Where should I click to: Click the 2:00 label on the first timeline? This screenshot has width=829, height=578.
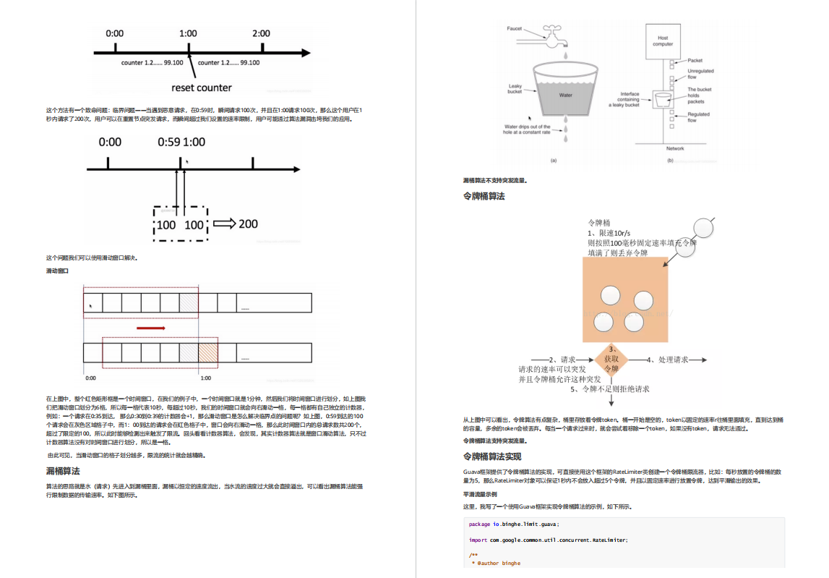click(261, 33)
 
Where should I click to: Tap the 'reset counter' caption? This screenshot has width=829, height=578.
click(202, 88)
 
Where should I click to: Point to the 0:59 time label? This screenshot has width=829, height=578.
click(169, 142)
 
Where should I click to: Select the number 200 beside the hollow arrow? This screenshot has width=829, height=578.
click(248, 224)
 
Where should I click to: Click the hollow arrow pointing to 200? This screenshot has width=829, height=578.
click(224, 224)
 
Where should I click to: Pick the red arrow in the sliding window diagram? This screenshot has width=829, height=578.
click(151, 328)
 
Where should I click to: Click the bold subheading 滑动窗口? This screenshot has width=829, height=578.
click(57, 271)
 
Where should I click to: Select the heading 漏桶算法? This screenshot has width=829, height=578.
click(63, 471)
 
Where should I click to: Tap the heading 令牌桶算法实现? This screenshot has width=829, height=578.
click(492, 456)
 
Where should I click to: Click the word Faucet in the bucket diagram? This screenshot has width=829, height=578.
click(514, 29)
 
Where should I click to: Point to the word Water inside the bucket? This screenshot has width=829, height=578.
click(565, 95)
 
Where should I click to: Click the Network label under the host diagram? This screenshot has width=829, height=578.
click(674, 148)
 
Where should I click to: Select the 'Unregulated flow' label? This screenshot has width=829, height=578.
click(700, 74)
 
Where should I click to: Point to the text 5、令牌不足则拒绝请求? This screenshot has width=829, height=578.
click(610, 389)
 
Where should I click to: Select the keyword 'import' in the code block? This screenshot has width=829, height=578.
click(478, 540)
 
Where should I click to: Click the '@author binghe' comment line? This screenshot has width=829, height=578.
click(497, 563)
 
